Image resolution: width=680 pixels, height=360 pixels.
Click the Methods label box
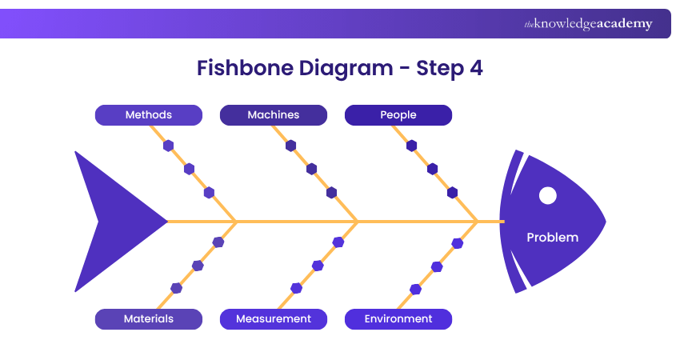point(149,115)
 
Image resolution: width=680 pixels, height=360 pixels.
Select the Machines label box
point(274,115)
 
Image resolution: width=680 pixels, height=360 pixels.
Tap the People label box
point(398,115)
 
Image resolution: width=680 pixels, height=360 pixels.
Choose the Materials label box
point(149,319)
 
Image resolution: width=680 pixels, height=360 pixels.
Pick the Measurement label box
point(274,319)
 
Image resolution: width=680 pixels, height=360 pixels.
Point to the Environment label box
point(398,319)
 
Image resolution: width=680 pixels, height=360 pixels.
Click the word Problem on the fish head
point(553,238)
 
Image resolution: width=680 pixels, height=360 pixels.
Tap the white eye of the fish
point(548,196)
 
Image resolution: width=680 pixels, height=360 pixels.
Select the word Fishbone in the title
point(245,68)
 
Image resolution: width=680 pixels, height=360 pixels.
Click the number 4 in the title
point(476,68)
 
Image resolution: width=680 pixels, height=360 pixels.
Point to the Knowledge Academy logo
point(588,23)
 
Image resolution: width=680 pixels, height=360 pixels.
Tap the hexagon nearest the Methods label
point(168,146)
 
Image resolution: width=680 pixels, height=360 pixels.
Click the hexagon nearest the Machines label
point(291,146)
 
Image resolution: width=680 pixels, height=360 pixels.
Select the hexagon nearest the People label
point(411,146)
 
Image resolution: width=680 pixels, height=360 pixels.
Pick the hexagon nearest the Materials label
point(176,288)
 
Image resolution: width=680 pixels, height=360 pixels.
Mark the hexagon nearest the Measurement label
point(296,288)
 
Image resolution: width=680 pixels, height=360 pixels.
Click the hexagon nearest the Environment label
point(415,290)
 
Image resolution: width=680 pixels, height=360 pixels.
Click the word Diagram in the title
point(346,69)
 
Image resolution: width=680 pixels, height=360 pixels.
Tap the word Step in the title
point(440,69)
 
